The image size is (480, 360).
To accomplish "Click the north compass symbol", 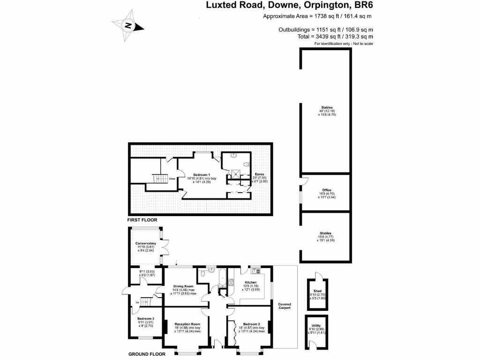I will [127, 26].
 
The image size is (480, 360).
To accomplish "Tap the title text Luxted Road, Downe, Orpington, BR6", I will [290, 6].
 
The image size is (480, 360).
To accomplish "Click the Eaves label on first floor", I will [259, 174].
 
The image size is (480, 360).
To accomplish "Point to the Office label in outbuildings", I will [327, 190].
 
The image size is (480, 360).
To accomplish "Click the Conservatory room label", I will [145, 243].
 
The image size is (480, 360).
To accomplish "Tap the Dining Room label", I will [183, 286].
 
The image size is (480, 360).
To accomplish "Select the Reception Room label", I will [187, 324].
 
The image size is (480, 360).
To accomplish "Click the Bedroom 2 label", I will [252, 324].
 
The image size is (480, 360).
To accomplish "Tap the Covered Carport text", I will [285, 306].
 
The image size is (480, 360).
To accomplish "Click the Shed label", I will [317, 291].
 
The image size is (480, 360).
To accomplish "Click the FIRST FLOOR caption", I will [142, 220].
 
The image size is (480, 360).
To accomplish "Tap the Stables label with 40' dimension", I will [327, 107].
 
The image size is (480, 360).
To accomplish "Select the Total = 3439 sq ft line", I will [336, 36].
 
